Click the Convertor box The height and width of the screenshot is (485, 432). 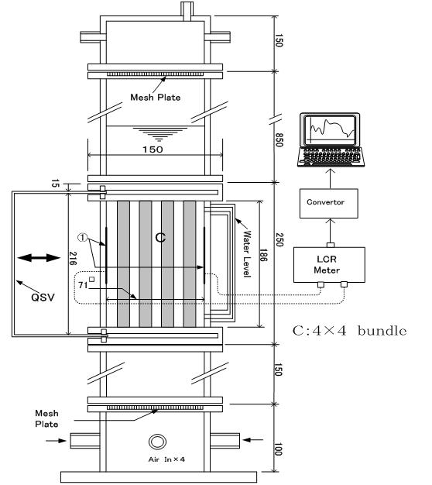[329, 203]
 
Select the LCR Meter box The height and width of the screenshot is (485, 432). [329, 265]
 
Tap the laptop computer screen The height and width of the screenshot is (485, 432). [330, 129]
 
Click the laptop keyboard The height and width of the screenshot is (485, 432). [331, 157]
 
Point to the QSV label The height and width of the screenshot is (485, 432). [43, 298]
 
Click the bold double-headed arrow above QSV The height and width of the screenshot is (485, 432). [39, 257]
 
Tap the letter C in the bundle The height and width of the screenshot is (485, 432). [160, 238]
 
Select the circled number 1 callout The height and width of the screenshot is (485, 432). [83, 238]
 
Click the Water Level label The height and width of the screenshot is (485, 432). [247, 253]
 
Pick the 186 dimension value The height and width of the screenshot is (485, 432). [263, 255]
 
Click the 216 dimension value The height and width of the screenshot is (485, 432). [73, 258]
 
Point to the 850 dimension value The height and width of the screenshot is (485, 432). [279, 139]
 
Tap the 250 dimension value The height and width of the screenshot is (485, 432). [279, 239]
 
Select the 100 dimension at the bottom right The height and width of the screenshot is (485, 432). [279, 449]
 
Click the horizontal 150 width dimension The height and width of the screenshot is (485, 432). [153, 150]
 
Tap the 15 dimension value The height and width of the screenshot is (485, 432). [55, 183]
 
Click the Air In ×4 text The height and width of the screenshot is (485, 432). [166, 459]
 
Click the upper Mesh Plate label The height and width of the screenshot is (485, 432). [156, 97]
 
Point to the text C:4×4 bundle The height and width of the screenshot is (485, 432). [349, 331]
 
